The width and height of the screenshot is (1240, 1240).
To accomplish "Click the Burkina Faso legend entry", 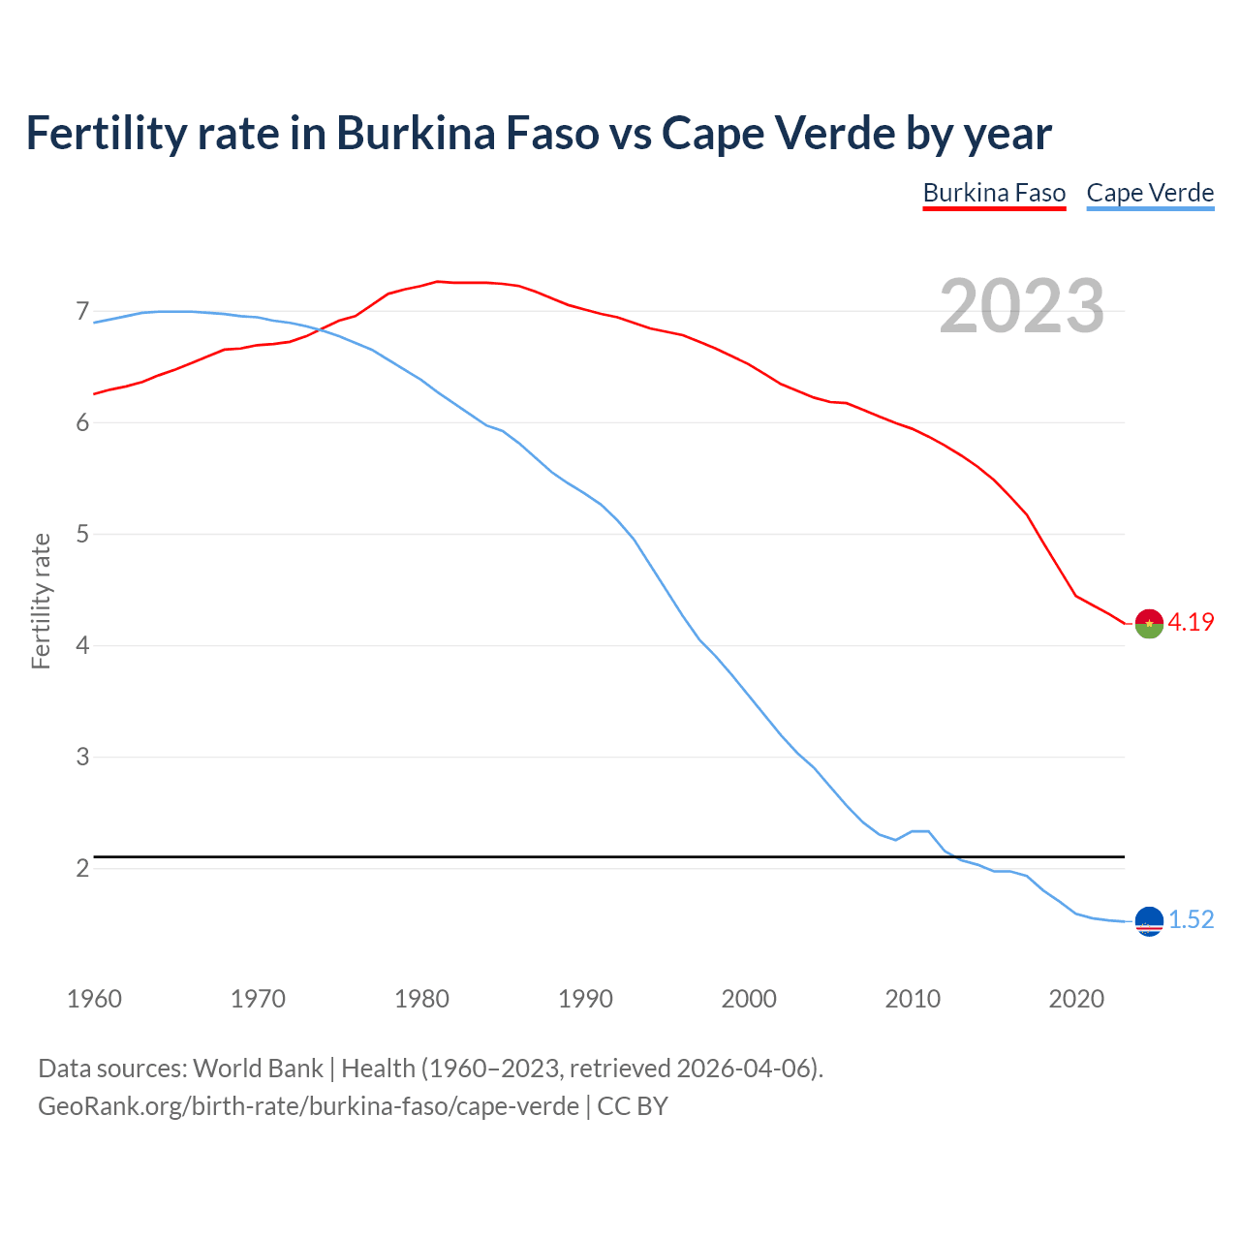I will [994, 193].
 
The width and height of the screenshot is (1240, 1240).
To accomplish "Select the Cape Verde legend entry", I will [1150, 193].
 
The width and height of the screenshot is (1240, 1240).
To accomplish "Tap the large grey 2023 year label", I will [1022, 306].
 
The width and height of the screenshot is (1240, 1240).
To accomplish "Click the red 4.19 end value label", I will [1191, 623].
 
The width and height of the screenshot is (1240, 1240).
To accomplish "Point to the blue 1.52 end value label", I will [1191, 920].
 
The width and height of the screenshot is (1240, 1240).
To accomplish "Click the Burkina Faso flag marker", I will [1149, 624].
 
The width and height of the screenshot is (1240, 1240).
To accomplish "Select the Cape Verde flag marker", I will [1149, 921].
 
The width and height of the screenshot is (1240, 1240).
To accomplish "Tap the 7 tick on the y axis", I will [82, 312].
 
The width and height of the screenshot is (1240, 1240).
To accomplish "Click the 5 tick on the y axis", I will [82, 535].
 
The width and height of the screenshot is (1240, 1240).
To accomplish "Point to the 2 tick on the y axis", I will [82, 869].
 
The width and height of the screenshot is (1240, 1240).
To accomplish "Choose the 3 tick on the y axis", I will [82, 758].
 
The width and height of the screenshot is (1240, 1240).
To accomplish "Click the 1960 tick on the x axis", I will [94, 999].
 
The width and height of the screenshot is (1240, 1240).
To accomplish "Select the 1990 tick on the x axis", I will [585, 999].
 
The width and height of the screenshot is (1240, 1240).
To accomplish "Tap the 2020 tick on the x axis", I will [1076, 999].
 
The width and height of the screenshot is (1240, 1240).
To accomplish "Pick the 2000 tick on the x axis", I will [749, 999].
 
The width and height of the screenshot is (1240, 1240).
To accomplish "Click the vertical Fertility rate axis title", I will [41, 601].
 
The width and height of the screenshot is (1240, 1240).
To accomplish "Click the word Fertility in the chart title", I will [105, 134].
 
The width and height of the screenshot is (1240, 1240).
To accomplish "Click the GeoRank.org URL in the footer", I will [308, 1106].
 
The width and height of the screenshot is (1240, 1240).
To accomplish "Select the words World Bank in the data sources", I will [258, 1069].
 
